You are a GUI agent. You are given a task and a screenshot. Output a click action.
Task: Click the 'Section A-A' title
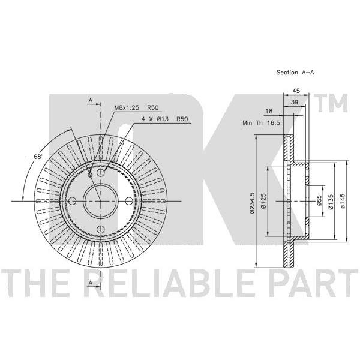(295, 73)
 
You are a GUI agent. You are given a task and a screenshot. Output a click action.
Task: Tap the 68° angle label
(38, 157)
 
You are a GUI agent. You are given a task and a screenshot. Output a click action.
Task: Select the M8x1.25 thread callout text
(127, 107)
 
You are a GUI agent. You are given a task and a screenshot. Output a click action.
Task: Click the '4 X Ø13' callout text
(155, 119)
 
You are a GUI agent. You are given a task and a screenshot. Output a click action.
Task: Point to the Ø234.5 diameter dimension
(253, 203)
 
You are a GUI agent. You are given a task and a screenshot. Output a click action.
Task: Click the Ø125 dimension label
(264, 201)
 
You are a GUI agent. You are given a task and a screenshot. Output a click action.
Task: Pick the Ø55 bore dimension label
(319, 200)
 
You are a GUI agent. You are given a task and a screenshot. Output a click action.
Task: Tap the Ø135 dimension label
(331, 202)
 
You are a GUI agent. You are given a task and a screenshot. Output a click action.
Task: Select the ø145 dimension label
(343, 201)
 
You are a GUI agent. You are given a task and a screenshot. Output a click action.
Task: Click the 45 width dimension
(296, 91)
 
